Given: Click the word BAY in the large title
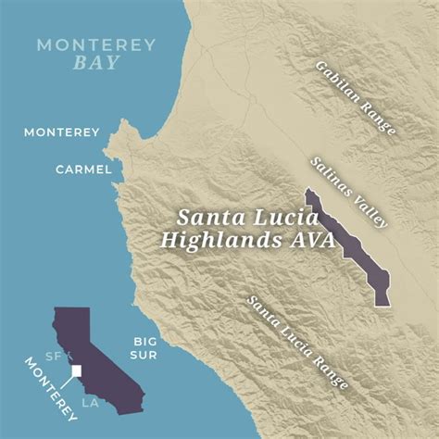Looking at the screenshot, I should [84, 65].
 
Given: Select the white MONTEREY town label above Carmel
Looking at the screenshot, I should [62, 132].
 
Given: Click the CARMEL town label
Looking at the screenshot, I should [83, 169].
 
